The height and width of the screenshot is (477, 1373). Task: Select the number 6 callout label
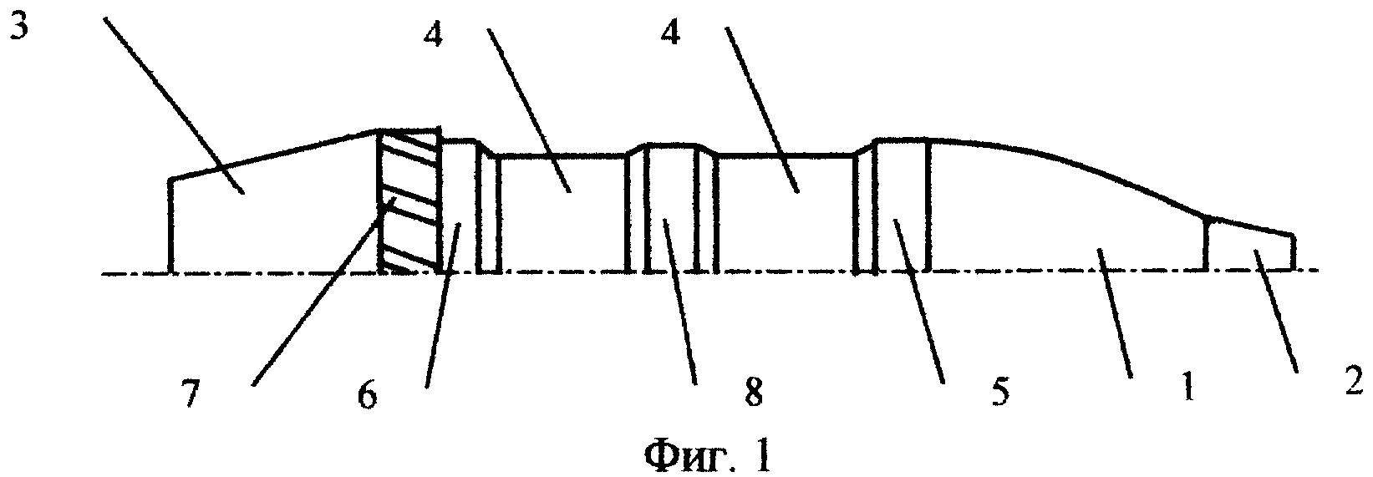tap(367, 395)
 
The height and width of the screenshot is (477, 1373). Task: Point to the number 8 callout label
tap(753, 391)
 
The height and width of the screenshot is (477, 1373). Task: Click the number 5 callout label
tap(999, 391)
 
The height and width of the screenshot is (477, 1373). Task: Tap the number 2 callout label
tap(1353, 379)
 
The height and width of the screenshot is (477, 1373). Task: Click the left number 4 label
tap(433, 36)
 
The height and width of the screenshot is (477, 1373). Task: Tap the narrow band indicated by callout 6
tap(459, 206)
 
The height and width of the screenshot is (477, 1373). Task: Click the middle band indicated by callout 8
tap(673, 209)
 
